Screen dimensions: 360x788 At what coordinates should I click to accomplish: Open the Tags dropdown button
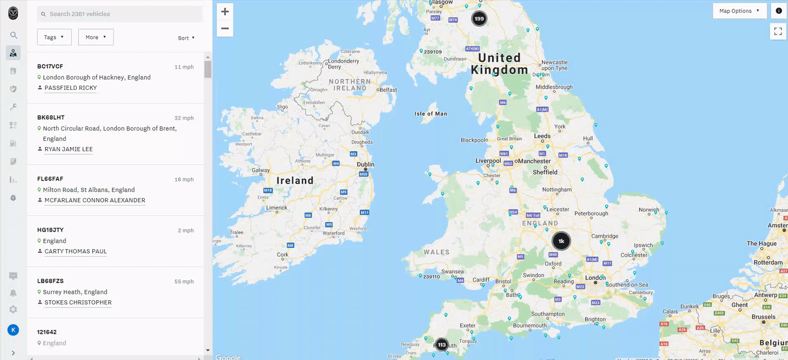click(x=54, y=37)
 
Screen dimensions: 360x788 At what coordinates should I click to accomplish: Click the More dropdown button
click(x=96, y=37)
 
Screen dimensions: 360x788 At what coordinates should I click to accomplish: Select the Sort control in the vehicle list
click(x=186, y=38)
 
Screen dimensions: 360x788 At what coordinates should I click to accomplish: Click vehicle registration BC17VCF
click(x=50, y=67)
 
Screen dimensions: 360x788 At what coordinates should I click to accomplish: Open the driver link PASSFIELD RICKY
click(x=71, y=88)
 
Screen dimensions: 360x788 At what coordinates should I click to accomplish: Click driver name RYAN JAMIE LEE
click(x=69, y=149)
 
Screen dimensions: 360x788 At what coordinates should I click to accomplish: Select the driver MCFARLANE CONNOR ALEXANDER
click(x=95, y=200)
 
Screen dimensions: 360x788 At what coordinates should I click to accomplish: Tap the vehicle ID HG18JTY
click(x=51, y=230)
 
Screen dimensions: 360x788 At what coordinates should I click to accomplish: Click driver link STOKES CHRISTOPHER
click(x=78, y=302)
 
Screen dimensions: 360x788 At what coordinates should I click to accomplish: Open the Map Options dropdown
click(x=740, y=11)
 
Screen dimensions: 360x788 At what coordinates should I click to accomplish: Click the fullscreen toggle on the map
click(x=778, y=31)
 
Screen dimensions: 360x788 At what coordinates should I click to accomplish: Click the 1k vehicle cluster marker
click(x=561, y=241)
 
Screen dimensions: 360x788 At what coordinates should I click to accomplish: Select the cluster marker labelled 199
click(x=479, y=19)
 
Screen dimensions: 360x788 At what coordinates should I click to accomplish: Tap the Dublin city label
click(x=366, y=165)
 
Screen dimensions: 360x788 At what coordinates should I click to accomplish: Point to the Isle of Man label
click(x=431, y=113)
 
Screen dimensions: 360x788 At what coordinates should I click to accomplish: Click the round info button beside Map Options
click(x=779, y=11)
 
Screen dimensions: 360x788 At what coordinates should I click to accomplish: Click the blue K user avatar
click(x=13, y=330)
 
